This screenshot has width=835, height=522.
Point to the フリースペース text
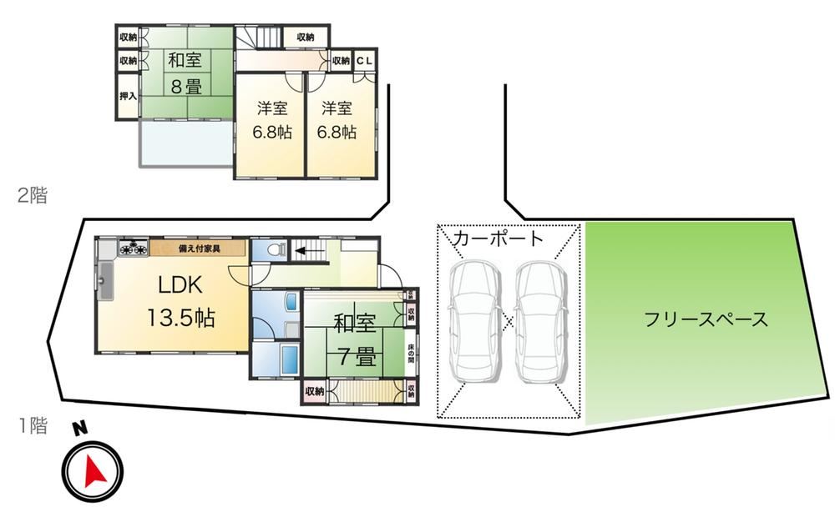[706, 319]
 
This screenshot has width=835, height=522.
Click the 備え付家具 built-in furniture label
[199, 247]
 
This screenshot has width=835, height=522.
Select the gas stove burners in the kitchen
[131, 247]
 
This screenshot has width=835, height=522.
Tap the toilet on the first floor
[275, 248]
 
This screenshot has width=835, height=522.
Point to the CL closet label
[367, 60]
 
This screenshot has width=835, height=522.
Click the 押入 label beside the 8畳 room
[127, 97]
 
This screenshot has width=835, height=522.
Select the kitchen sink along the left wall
[105, 282]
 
